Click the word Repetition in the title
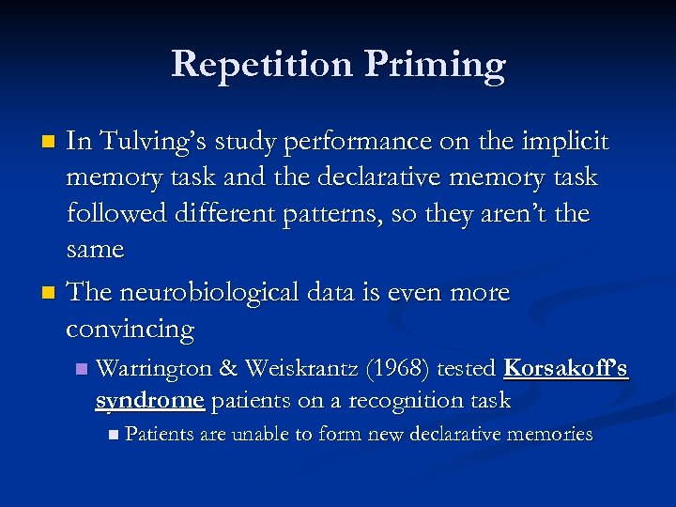256,64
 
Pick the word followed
116,213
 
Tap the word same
95,249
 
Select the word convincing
131,330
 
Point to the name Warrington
154,368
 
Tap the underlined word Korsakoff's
565,368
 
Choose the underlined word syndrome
149,401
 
